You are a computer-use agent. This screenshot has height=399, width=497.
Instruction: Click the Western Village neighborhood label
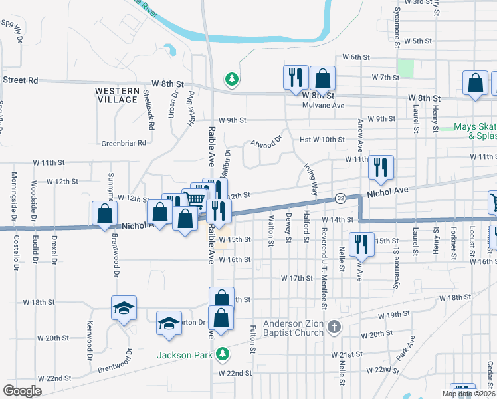pyautogui.click(x=116, y=95)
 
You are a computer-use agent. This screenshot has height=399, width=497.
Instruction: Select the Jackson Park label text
pyautogui.click(x=183, y=355)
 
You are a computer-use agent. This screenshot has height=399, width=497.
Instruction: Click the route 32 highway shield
pyautogui.click(x=340, y=199)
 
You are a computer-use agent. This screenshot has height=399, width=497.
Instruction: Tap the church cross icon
pyautogui.click(x=334, y=327)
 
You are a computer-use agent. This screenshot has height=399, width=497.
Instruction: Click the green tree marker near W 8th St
pyautogui.click(x=232, y=80)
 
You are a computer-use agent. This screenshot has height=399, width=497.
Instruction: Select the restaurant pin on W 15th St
pyautogui.click(x=359, y=243)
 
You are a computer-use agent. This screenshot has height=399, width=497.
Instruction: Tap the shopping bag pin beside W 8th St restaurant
pyautogui.click(x=322, y=78)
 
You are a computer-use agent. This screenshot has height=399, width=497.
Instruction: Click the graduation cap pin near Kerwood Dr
pyautogui.click(x=124, y=307)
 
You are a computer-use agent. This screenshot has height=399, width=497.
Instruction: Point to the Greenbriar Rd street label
pyautogui.click(x=122, y=143)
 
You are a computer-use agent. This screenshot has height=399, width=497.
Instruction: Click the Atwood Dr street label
pyautogui.click(x=266, y=142)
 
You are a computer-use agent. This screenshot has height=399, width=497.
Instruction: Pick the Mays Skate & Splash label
pyautogui.click(x=474, y=131)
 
